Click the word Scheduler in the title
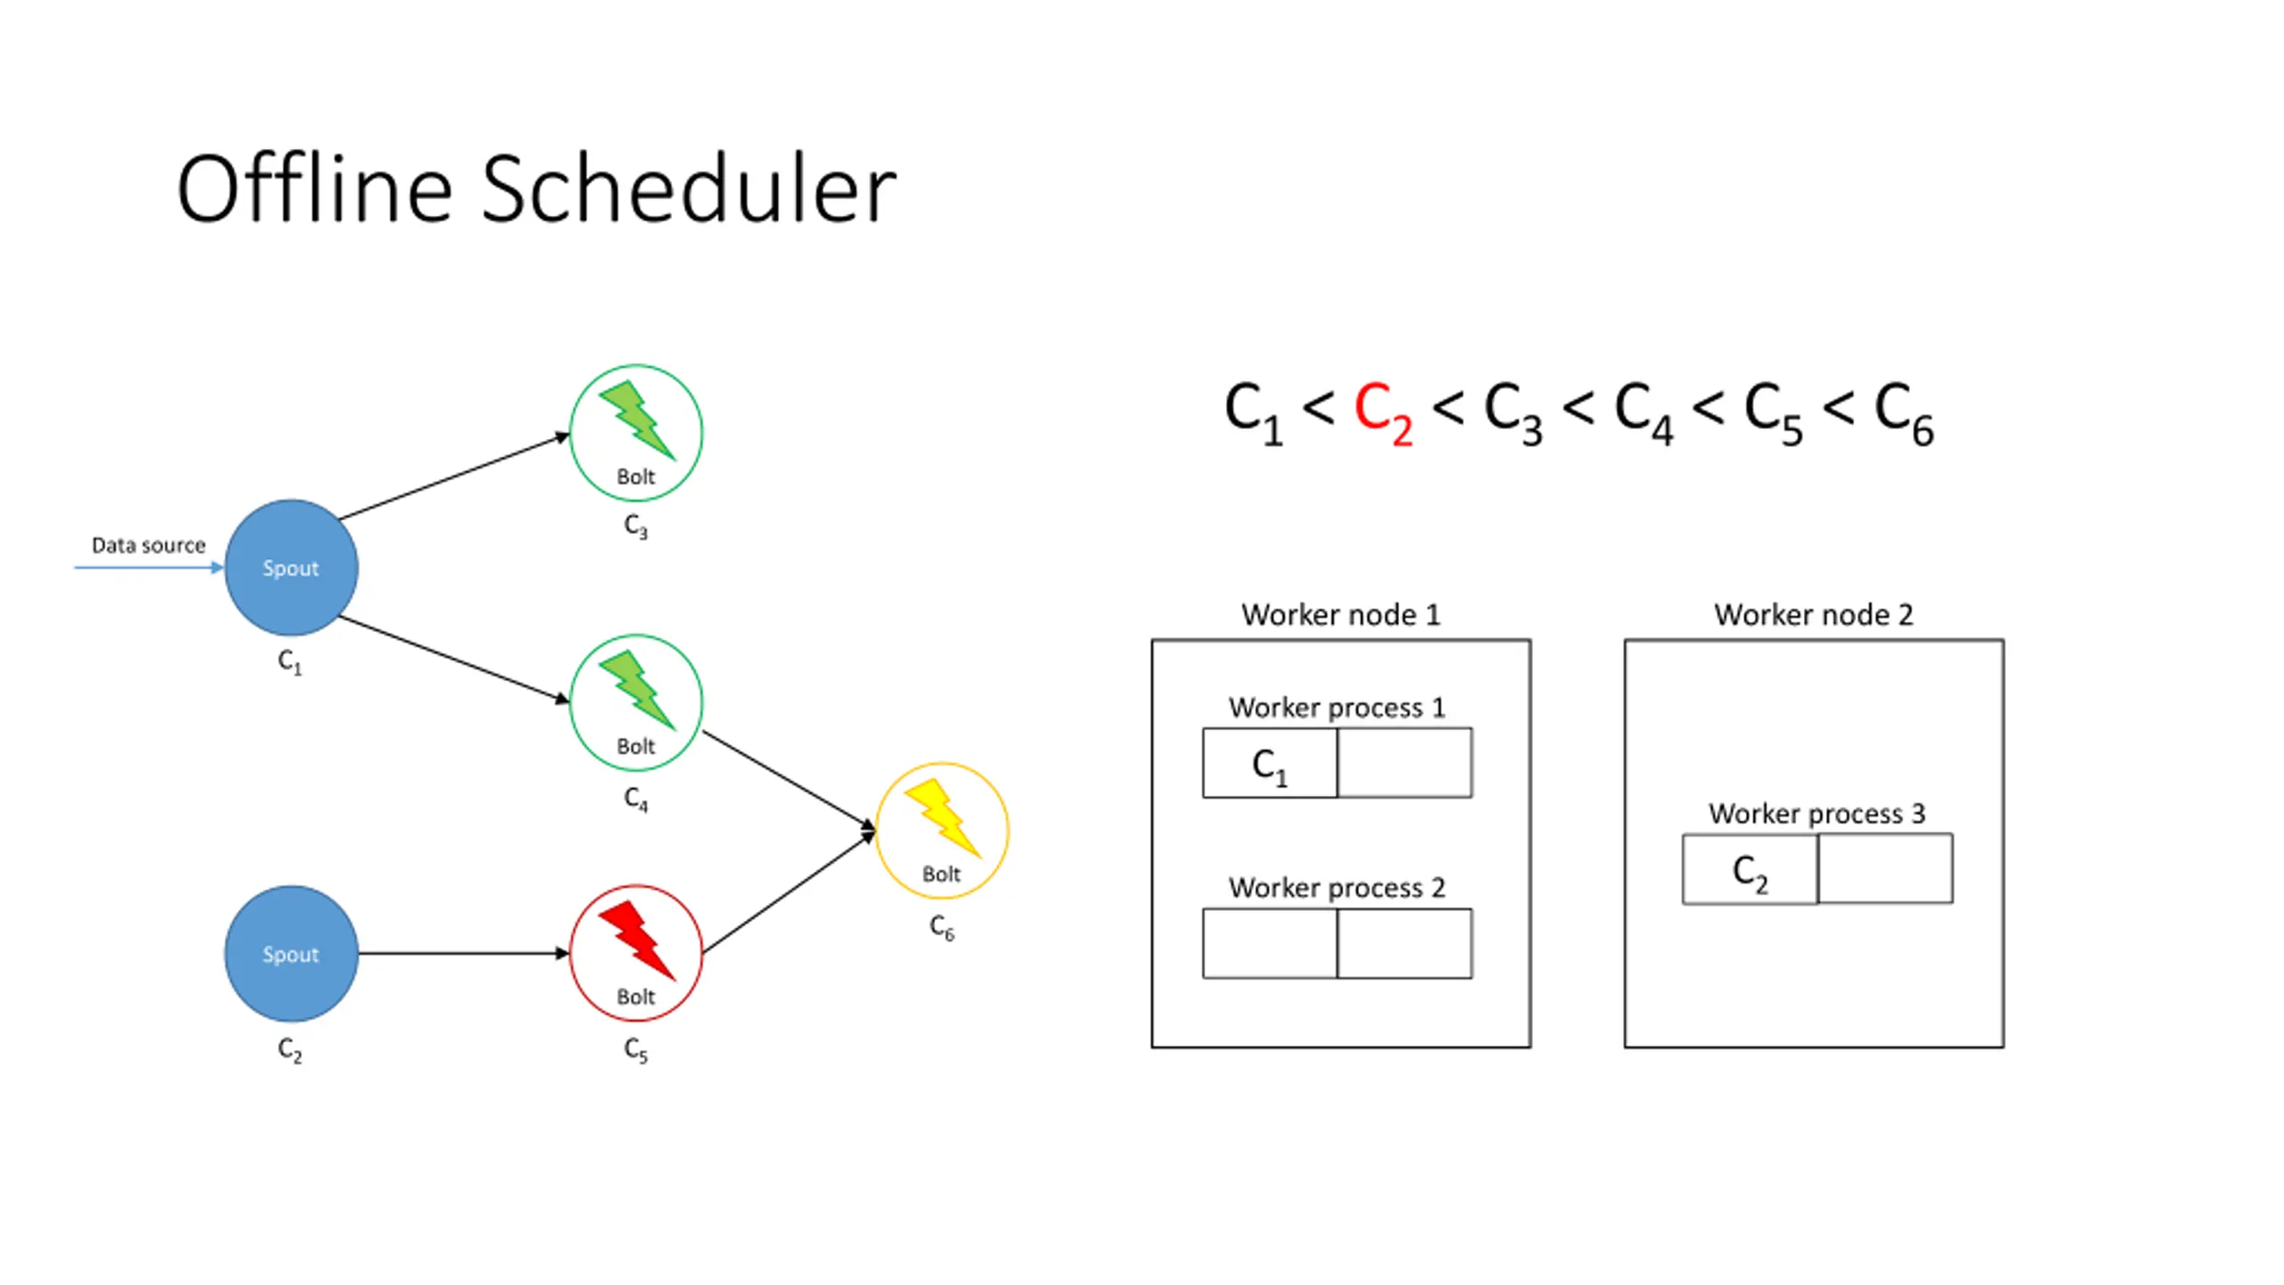click(689, 189)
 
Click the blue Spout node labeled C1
click(291, 568)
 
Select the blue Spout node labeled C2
click(291, 953)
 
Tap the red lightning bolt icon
click(637, 940)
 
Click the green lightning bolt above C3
click(637, 420)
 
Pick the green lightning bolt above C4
click(637, 690)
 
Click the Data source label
click(149, 545)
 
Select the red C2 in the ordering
click(1383, 413)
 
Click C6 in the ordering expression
click(1904, 413)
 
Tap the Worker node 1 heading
click(1341, 614)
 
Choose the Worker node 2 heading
click(1814, 614)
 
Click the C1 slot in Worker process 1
click(1270, 763)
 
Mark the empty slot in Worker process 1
click(1405, 763)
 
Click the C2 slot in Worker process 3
click(1750, 869)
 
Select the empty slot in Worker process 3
click(1885, 869)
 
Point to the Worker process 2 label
click(1336, 888)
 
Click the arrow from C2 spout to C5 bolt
click(464, 953)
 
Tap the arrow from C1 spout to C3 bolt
click(454, 477)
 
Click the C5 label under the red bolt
click(636, 1049)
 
